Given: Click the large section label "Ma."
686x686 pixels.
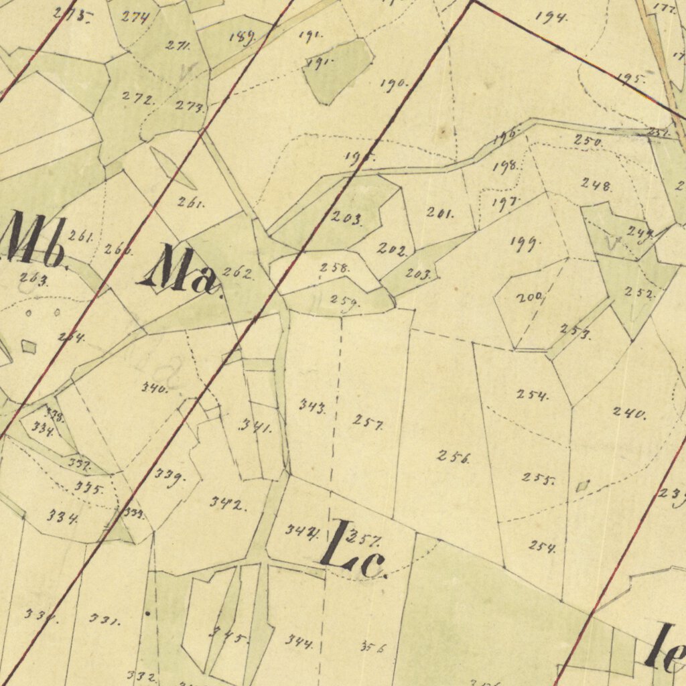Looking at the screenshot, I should coord(180,271).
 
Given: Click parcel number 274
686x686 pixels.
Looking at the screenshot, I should coord(136,17).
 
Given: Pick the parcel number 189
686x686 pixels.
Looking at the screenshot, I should coord(241,38).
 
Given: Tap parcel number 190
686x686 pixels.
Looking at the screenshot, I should coord(394,84).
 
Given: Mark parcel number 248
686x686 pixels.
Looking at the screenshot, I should coord(596,184).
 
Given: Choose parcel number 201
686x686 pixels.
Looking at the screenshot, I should coord(440,213).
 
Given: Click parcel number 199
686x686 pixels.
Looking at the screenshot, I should coord(526,243).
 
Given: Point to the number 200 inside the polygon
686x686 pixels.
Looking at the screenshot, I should coord(529,298).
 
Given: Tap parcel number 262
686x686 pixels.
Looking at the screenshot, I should coord(237,273).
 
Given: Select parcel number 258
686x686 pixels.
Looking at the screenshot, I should coord(334,268).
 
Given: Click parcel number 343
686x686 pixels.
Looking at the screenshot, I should coord(313,406).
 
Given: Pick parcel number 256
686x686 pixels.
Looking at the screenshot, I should coord(454,458).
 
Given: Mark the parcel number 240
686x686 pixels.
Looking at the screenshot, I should coord(630,413).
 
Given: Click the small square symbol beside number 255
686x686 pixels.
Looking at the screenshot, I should coord(582,485).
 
